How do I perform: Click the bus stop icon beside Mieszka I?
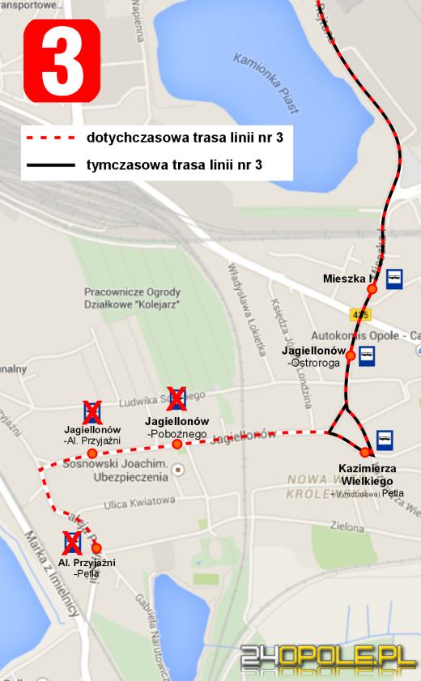(395, 279)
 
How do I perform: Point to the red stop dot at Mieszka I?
(372, 288)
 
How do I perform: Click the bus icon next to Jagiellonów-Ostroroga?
(367, 356)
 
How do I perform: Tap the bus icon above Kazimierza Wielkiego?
(385, 438)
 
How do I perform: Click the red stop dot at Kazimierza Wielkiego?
(365, 452)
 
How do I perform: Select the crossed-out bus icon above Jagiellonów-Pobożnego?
(176, 398)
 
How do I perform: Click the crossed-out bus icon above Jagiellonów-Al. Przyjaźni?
(92, 411)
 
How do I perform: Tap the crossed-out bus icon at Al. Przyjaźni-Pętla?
(72, 542)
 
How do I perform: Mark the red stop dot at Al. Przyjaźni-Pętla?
(96, 548)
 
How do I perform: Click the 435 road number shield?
(360, 313)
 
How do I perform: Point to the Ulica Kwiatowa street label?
(140, 501)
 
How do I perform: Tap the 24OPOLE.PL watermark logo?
(328, 657)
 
